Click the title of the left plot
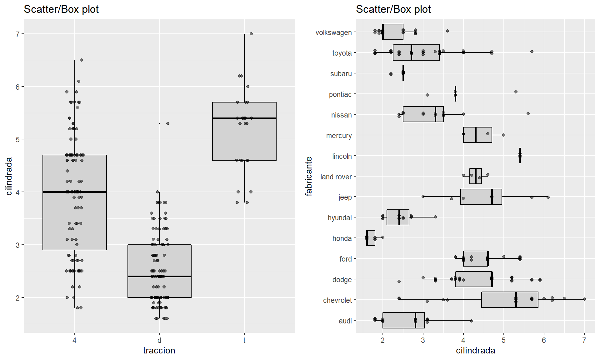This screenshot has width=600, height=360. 61,9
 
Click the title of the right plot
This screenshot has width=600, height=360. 393,9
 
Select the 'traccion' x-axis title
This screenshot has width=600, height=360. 159,350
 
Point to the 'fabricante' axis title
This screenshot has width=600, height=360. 309,176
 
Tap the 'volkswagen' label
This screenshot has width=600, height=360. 333,32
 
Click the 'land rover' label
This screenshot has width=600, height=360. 336,177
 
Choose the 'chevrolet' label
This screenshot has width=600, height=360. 337,300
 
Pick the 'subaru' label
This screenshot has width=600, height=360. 341,74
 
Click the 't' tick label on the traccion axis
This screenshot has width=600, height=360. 244,340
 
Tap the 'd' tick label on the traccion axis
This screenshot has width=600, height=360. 159,340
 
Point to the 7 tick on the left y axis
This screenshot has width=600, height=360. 18,34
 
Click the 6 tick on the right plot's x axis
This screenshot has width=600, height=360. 544,340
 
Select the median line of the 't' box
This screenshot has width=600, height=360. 244,118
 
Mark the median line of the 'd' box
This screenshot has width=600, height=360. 159,276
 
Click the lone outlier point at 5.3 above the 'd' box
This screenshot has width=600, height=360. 168,123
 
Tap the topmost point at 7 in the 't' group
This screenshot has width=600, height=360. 251,34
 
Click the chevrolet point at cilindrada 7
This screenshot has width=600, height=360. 584,299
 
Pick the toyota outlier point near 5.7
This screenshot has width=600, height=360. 532,52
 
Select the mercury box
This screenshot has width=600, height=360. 477,135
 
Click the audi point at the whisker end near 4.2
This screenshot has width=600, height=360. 472,321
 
